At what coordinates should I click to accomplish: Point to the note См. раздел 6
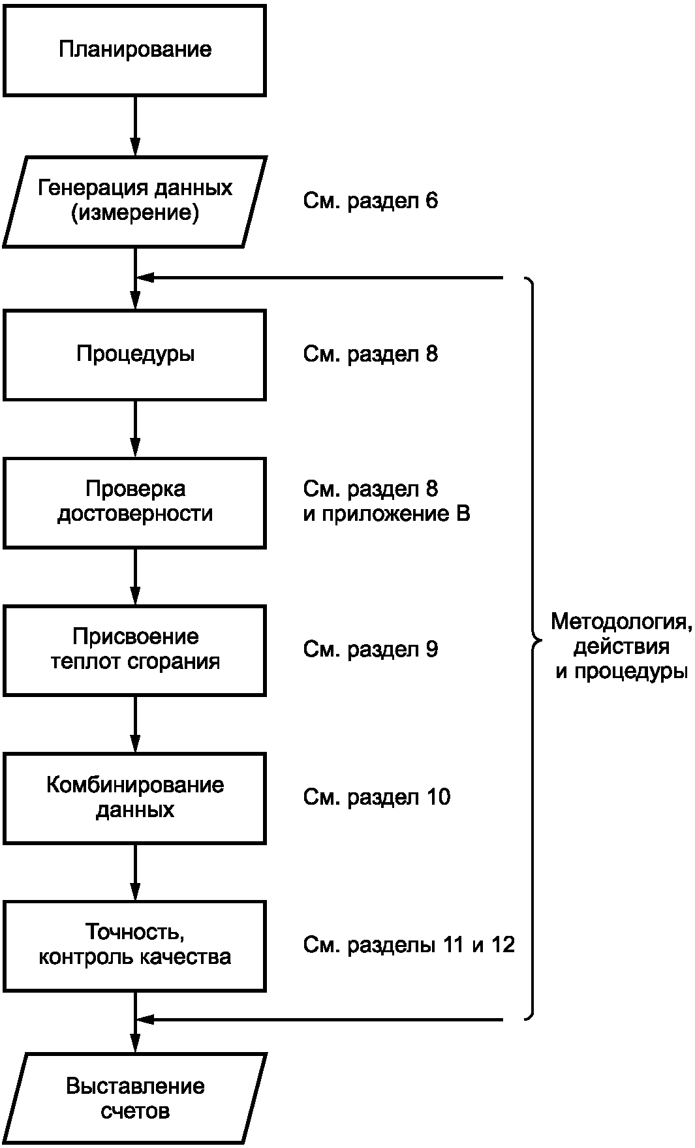371,201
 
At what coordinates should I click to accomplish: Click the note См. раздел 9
371,649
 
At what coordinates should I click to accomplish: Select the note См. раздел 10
377,797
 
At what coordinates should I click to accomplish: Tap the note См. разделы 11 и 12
409,945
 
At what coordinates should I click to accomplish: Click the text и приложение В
386,514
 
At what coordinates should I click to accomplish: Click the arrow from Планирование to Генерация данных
135,126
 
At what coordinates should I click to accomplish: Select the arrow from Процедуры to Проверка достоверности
135,429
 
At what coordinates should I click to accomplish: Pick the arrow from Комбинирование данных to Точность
135,873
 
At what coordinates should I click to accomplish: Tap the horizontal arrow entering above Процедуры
320,278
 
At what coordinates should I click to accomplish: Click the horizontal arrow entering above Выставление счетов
320,1019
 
